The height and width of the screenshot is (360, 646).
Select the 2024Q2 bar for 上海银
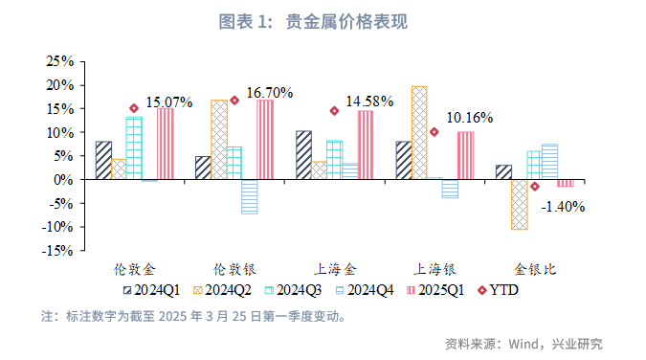(x=419, y=132)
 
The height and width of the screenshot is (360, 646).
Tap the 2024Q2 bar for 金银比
(x=519, y=204)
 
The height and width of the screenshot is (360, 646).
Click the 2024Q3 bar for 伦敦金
(x=134, y=148)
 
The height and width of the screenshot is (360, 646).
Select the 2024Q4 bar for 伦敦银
(x=249, y=196)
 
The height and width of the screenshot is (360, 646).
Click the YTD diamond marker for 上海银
(x=434, y=132)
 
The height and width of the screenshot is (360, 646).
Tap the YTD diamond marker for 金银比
(x=534, y=186)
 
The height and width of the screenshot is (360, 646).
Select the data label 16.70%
(x=269, y=93)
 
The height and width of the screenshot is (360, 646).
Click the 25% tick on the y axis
(x=60, y=61)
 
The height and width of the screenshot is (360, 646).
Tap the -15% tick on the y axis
(x=58, y=251)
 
